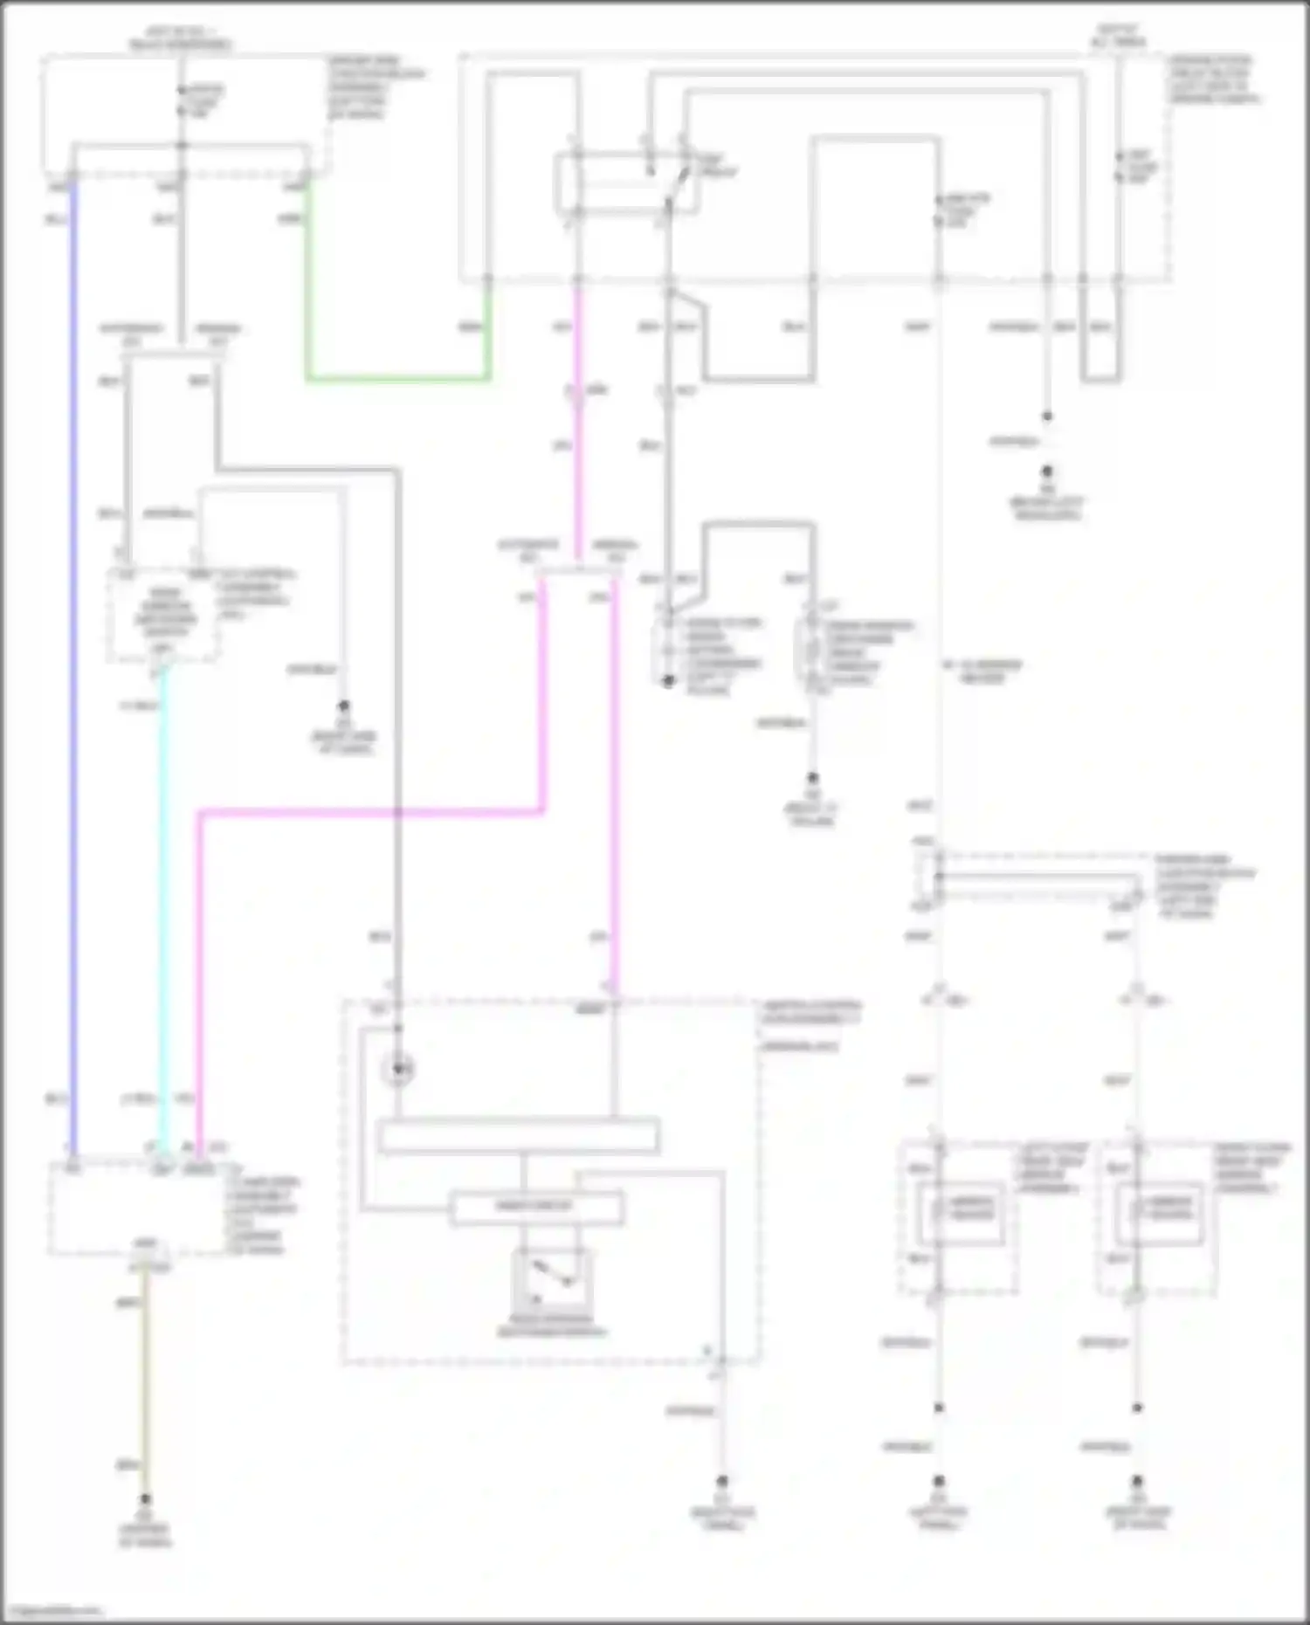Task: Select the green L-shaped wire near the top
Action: click(x=397, y=379)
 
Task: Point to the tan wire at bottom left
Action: click(x=145, y=1380)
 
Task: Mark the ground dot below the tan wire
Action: click(x=145, y=1499)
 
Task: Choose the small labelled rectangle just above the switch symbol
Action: click(x=536, y=1208)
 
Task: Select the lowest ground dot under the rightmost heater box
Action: click(x=1137, y=1482)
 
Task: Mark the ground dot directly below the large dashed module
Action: click(x=722, y=1482)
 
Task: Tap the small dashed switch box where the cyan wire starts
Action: click(x=162, y=615)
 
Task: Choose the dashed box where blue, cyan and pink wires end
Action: click(x=138, y=1208)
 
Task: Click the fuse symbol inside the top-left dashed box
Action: click(x=182, y=101)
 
